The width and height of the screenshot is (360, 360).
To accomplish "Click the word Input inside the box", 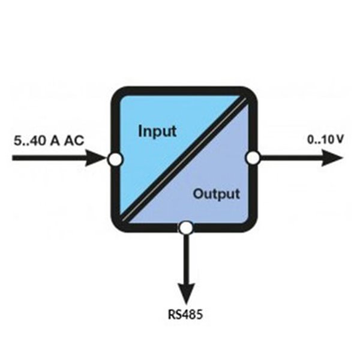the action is pos(157,131).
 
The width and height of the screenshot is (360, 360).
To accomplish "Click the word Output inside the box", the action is pos(217,194).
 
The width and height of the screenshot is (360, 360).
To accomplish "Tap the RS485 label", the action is pos(185,314).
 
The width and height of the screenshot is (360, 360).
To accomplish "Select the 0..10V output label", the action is pos(325,140).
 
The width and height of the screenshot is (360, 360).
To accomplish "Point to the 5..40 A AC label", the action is pos(49,140).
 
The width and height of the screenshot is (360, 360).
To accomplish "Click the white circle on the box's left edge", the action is pos(115,158).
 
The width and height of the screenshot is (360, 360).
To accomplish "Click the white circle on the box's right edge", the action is pos(253,158).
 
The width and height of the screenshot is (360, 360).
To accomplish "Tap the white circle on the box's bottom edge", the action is pos(186,228).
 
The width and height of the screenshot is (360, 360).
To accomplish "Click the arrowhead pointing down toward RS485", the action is pos(187,293).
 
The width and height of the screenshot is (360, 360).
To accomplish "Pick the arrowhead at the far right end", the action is pos(332,158).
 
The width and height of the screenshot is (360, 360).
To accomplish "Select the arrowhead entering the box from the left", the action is pos(97,158).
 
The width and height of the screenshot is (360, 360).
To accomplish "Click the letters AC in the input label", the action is pos(74,140).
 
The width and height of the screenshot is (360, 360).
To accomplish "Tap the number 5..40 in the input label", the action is pos(29,140).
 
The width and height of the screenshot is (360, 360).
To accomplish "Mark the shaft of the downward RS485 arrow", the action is pos(187,259).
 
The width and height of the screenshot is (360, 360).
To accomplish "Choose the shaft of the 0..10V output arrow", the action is pos(291,158).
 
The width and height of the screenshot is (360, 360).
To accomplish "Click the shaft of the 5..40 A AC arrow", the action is pos(49,158).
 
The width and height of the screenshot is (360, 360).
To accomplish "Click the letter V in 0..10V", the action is pos(340,140).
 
